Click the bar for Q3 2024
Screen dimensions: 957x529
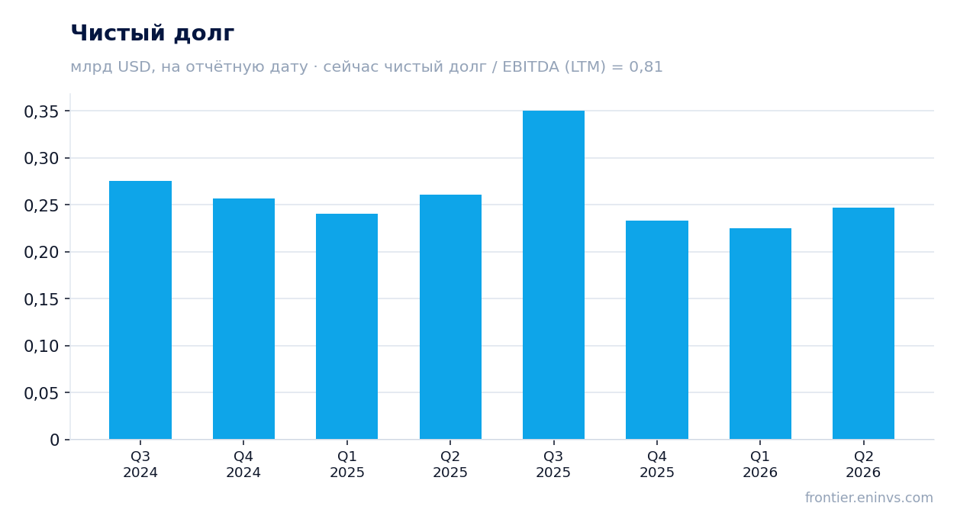[x=140, y=310]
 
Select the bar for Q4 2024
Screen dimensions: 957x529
[x=243, y=319]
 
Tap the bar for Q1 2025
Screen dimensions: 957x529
[x=347, y=327]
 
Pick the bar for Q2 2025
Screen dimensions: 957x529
[x=450, y=317]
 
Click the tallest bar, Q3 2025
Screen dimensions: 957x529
[x=554, y=275]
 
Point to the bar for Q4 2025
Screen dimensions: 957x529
[x=657, y=330]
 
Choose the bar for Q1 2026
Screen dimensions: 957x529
[x=760, y=334]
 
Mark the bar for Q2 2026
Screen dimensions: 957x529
[x=863, y=324]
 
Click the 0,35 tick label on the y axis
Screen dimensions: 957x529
[x=41, y=112]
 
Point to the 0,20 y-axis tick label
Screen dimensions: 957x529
[x=41, y=253]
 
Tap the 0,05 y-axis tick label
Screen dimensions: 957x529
[x=41, y=393]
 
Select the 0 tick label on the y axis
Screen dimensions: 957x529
[x=54, y=440]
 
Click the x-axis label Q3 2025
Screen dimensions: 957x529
[x=553, y=464]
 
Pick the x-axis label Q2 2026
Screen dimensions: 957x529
[x=863, y=464]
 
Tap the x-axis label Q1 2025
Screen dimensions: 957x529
[x=347, y=464]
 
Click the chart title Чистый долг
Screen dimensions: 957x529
[x=153, y=34]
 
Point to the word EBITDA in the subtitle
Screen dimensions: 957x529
[x=531, y=66]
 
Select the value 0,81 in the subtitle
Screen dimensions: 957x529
[x=646, y=67]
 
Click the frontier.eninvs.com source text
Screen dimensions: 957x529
[x=869, y=498]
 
